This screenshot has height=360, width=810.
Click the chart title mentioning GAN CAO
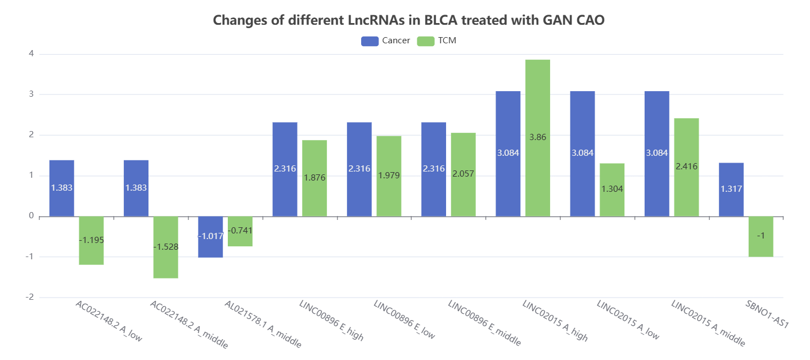point(408,20)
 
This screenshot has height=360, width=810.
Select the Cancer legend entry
point(385,40)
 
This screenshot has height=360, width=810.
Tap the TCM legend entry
point(436,40)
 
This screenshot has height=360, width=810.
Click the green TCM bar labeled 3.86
point(538,138)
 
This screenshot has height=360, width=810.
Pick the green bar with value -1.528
point(165,247)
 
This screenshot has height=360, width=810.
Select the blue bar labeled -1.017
point(210,237)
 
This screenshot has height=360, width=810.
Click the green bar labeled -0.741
point(240,231)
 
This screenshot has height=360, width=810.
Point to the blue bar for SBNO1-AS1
point(731,190)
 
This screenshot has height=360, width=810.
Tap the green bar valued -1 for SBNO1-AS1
point(761,237)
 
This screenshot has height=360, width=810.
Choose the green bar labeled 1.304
point(612,190)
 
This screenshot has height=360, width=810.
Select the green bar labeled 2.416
point(686,168)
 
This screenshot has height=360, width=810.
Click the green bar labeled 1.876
point(314,178)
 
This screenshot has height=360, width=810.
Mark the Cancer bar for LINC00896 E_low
point(359,169)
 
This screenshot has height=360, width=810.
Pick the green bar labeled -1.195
point(92,241)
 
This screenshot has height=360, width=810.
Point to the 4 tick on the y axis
point(31,54)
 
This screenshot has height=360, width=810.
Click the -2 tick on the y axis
point(30,297)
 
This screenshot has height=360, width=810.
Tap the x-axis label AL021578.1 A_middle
point(263,324)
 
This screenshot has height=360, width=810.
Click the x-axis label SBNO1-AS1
point(767,314)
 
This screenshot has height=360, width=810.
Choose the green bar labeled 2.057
point(463,175)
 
